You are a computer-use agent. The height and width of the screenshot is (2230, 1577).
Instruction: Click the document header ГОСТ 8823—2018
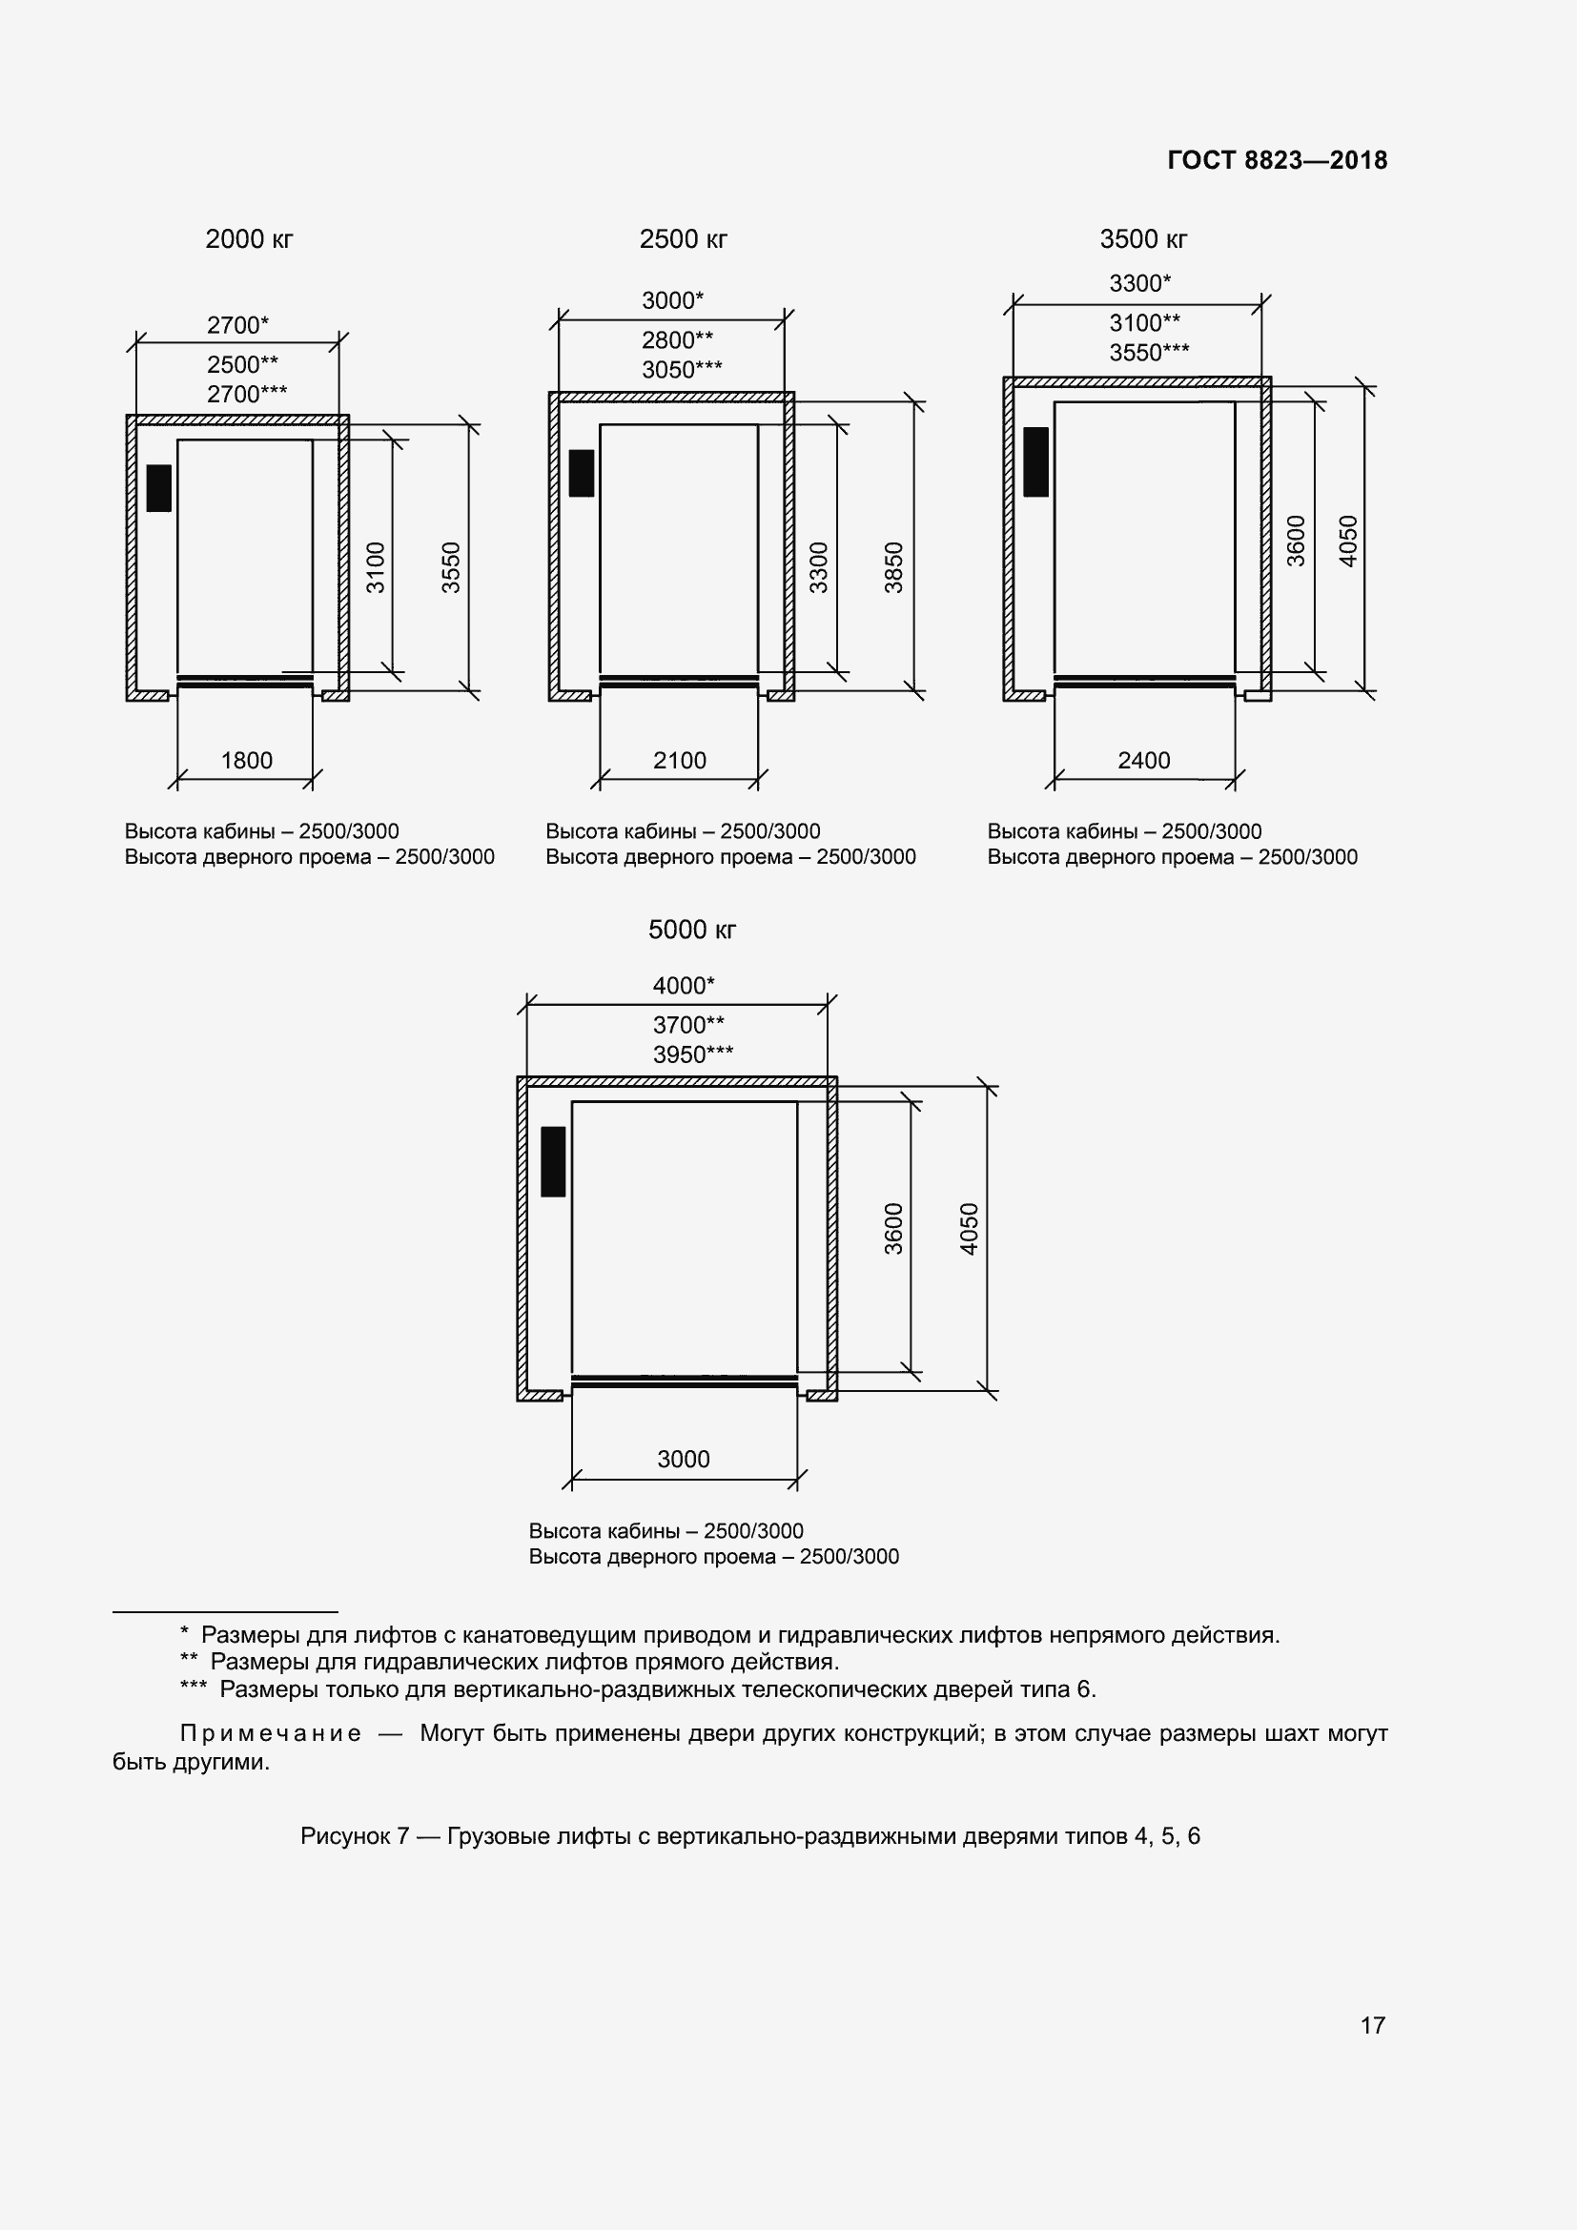coord(1277,160)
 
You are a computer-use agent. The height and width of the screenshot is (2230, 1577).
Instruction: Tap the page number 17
coord(1372,2025)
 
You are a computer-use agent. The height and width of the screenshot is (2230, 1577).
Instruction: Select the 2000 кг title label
coord(249,239)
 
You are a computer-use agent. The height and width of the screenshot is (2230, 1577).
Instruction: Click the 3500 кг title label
coord(1143,239)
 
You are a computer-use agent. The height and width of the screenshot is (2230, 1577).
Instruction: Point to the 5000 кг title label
coord(691,930)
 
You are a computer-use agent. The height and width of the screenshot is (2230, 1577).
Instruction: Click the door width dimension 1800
coord(247,761)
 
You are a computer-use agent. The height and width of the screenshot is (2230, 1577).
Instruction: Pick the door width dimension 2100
coord(679,761)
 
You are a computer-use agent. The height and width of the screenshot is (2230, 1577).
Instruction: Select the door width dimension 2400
coord(1143,761)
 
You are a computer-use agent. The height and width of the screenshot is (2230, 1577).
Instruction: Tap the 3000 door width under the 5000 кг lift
coord(683,1459)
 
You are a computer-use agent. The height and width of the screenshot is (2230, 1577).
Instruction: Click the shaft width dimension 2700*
coord(237,325)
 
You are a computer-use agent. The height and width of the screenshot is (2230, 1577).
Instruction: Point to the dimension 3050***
coord(682,370)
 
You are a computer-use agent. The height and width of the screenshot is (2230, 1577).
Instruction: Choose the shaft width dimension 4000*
coord(683,986)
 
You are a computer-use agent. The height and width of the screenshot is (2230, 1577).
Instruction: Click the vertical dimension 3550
coord(451,567)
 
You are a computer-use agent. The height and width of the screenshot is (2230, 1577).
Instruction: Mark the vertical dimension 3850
coord(893,567)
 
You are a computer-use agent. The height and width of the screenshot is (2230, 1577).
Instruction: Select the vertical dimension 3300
coord(819,567)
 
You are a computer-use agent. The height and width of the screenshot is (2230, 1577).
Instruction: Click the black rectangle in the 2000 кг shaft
coord(158,487)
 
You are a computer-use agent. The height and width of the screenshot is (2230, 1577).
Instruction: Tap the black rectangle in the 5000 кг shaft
coord(553,1160)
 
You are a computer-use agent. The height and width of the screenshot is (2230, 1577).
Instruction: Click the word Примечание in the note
coord(271,1732)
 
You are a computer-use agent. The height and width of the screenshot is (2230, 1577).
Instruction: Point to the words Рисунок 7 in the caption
coord(355,1835)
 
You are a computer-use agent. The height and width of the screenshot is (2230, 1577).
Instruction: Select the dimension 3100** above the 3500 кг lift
coord(1144,322)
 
